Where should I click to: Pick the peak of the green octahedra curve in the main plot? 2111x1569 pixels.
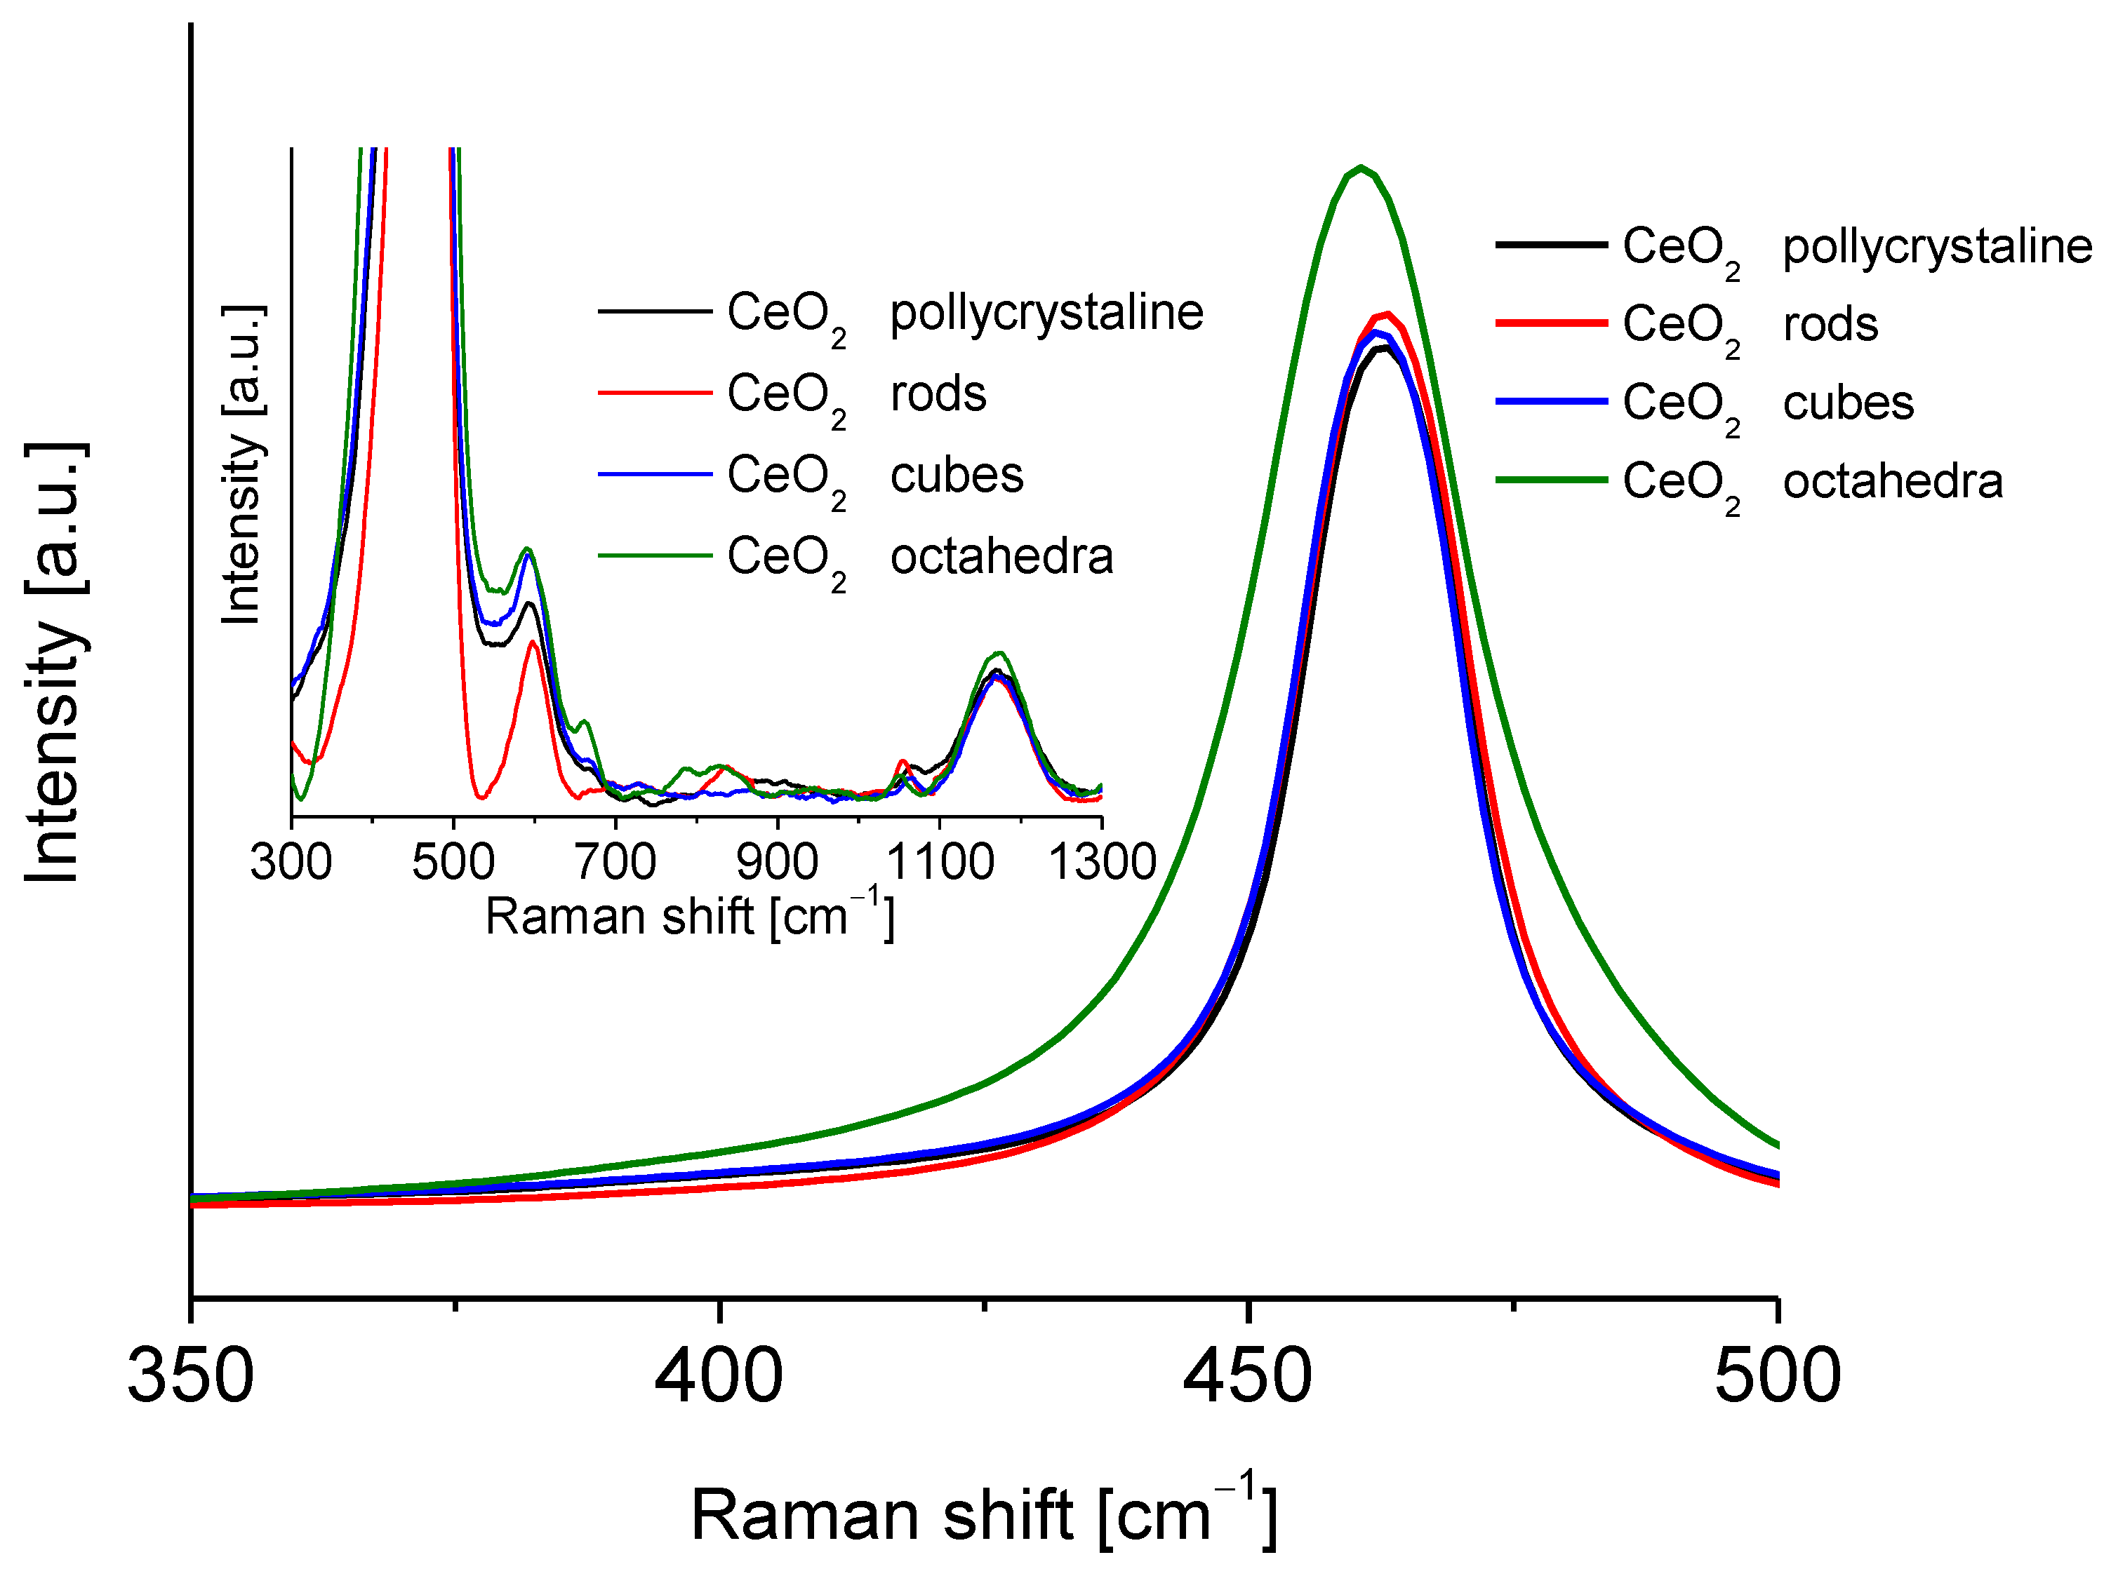[1361, 168]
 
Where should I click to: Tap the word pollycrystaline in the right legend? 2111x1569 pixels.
[1937, 246]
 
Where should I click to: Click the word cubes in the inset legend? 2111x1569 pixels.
[957, 475]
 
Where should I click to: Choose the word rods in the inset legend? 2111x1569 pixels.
[938, 393]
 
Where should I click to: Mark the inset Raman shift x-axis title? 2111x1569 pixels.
[690, 917]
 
